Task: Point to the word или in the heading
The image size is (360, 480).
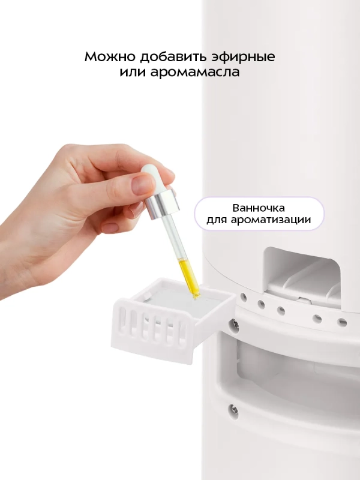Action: point(130,73)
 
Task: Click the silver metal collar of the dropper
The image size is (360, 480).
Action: point(164,202)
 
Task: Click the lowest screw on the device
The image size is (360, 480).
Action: point(233,409)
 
